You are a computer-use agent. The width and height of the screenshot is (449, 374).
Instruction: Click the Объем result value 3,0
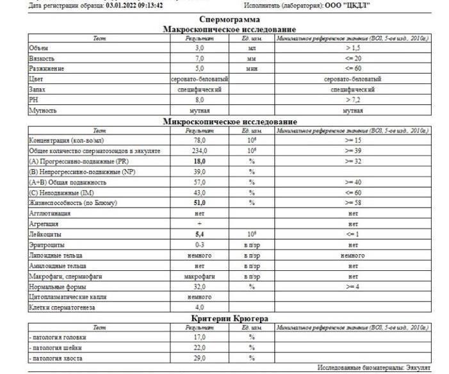[199, 48]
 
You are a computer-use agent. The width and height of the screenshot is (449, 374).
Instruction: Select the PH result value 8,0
[199, 100]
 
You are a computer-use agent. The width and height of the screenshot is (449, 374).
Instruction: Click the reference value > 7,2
[353, 100]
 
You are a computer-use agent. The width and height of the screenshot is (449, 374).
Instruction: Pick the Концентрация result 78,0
[199, 140]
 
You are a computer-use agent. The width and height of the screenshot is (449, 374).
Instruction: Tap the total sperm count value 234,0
[199, 150]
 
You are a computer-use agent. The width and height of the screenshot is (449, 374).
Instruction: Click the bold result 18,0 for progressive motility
[199, 161]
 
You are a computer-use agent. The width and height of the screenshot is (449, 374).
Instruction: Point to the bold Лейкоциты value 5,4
[199, 234]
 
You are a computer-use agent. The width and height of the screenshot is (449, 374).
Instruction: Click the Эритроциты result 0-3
[199, 245]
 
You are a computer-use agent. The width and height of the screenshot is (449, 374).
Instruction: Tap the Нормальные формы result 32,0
[199, 287]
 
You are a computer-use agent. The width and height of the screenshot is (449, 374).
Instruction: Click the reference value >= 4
[353, 287]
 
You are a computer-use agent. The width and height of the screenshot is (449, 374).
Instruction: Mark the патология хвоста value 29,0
[199, 357]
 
